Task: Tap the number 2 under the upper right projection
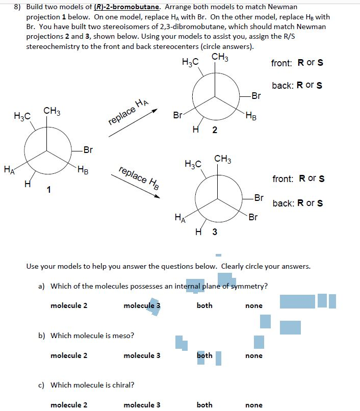tap(215, 131)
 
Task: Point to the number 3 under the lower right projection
tap(215, 233)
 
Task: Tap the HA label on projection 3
tap(179, 218)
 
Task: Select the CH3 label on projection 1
tap(52, 111)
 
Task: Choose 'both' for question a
tap(204, 305)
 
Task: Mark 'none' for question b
tap(254, 355)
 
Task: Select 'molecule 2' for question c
tap(69, 405)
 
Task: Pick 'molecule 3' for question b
tap(142, 355)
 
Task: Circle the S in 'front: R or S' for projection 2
tap(320, 63)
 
